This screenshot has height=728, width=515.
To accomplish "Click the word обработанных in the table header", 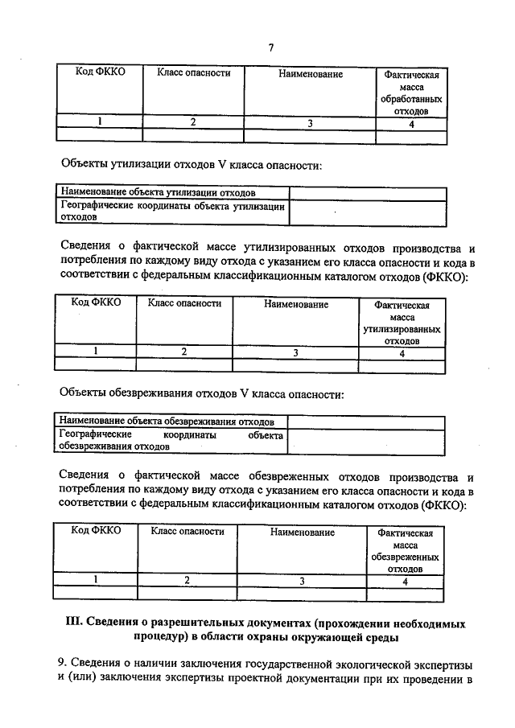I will click(x=410, y=99).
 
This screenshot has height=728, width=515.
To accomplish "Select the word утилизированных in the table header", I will click(x=402, y=330).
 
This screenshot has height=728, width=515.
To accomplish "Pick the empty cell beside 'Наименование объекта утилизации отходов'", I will click(x=367, y=193).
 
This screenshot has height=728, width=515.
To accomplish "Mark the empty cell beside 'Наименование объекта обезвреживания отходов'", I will click(x=365, y=422).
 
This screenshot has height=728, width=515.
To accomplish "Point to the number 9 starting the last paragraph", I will click(x=61, y=663).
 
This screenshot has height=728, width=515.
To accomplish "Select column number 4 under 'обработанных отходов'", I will click(x=411, y=124).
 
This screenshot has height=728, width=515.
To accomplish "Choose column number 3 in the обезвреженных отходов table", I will click(x=302, y=580).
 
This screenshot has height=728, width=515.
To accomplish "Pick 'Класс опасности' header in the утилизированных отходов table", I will click(x=183, y=304).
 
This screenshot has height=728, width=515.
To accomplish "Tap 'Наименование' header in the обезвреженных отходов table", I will click(x=302, y=533).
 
